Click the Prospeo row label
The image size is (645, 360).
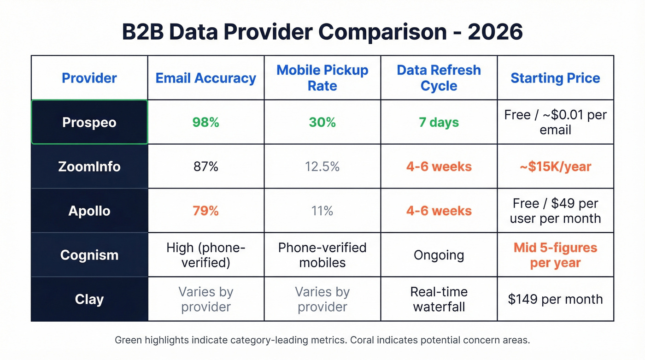pyautogui.click(x=89, y=123)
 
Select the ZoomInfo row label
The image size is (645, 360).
pyautogui.click(x=89, y=166)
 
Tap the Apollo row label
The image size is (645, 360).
pyautogui.click(x=89, y=211)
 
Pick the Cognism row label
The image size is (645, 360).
pyautogui.click(x=89, y=255)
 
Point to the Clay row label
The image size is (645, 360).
pyautogui.click(x=89, y=299)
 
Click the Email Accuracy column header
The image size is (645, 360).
pyautogui.click(x=206, y=78)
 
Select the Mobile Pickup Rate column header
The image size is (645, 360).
pyautogui.click(x=322, y=78)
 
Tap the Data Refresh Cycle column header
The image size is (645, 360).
pyautogui.click(x=439, y=78)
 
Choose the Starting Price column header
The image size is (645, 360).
pyautogui.click(x=555, y=78)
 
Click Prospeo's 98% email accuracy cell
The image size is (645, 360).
pyautogui.click(x=206, y=123)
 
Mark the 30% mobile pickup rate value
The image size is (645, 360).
pyautogui.click(x=322, y=123)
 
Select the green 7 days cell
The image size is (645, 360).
pyautogui.click(x=439, y=123)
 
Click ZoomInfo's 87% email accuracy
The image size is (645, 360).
pyautogui.click(x=206, y=166)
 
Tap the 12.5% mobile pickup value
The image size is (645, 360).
pyautogui.click(x=322, y=166)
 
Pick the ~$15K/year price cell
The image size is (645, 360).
pyautogui.click(x=555, y=166)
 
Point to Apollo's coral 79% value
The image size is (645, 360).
pyautogui.click(x=206, y=211)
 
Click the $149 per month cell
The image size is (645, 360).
pyautogui.click(x=555, y=299)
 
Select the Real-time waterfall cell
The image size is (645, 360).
pyautogui.click(x=439, y=299)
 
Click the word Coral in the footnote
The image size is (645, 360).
pyautogui.click(x=364, y=341)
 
